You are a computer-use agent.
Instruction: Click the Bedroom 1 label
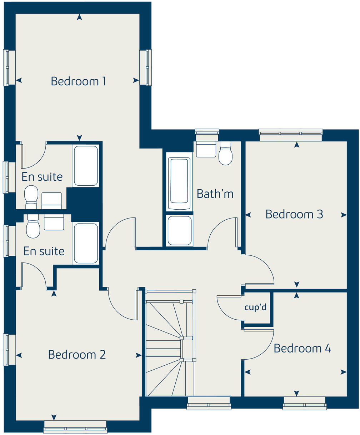pyautogui.click(x=78, y=81)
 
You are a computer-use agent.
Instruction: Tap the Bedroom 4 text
pyautogui.click(x=302, y=348)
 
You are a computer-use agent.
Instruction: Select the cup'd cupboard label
pyautogui.click(x=255, y=307)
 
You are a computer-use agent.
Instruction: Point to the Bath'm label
pyautogui.click(x=215, y=194)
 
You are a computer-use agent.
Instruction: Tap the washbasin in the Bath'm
pyautogui.click(x=206, y=149)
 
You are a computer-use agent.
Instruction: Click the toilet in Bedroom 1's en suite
pyautogui.click(x=31, y=196)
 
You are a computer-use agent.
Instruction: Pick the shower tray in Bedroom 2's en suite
pyautogui.click(x=86, y=243)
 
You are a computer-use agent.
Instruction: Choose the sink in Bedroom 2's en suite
pyautogui.click(x=53, y=222)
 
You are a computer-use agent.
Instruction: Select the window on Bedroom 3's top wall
pyautogui.click(x=291, y=135)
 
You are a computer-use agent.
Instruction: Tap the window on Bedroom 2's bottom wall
pyautogui.click(x=75, y=427)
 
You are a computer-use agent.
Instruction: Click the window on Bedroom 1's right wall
pyautogui.click(x=145, y=67)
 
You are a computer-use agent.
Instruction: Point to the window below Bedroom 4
pyautogui.click(x=305, y=404)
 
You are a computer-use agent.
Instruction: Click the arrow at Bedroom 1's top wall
pyautogui.click(x=79, y=17)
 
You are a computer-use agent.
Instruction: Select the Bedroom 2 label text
pyautogui.click(x=77, y=355)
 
